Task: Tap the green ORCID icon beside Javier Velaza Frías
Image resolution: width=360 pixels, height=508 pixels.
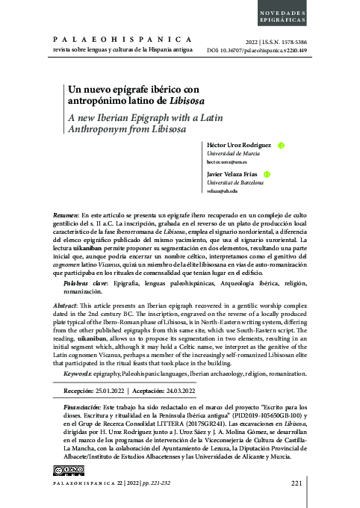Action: [267, 174]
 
